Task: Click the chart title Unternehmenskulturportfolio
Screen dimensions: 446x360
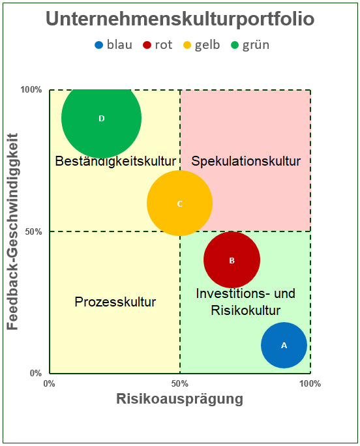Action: (180, 19)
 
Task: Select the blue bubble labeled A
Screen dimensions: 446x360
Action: (284, 345)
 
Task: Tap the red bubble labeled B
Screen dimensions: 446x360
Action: (232, 260)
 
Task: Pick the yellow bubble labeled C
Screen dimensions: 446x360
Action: (179, 203)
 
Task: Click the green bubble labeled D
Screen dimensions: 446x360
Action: (101, 118)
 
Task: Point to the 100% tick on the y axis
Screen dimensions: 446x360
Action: (31, 89)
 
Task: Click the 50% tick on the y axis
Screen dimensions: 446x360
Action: (33, 231)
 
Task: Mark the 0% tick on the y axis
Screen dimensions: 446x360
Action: (36, 374)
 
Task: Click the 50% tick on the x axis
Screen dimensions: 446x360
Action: (180, 383)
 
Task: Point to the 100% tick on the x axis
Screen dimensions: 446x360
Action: (310, 383)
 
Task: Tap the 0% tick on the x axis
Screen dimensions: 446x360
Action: (49, 383)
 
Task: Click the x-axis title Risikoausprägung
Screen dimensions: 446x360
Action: (179, 398)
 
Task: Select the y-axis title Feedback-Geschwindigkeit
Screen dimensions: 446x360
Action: (13, 231)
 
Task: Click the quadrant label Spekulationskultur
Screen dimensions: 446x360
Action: (245, 161)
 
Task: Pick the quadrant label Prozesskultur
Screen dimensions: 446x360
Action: (115, 302)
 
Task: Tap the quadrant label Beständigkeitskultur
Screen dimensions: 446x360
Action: (116, 161)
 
